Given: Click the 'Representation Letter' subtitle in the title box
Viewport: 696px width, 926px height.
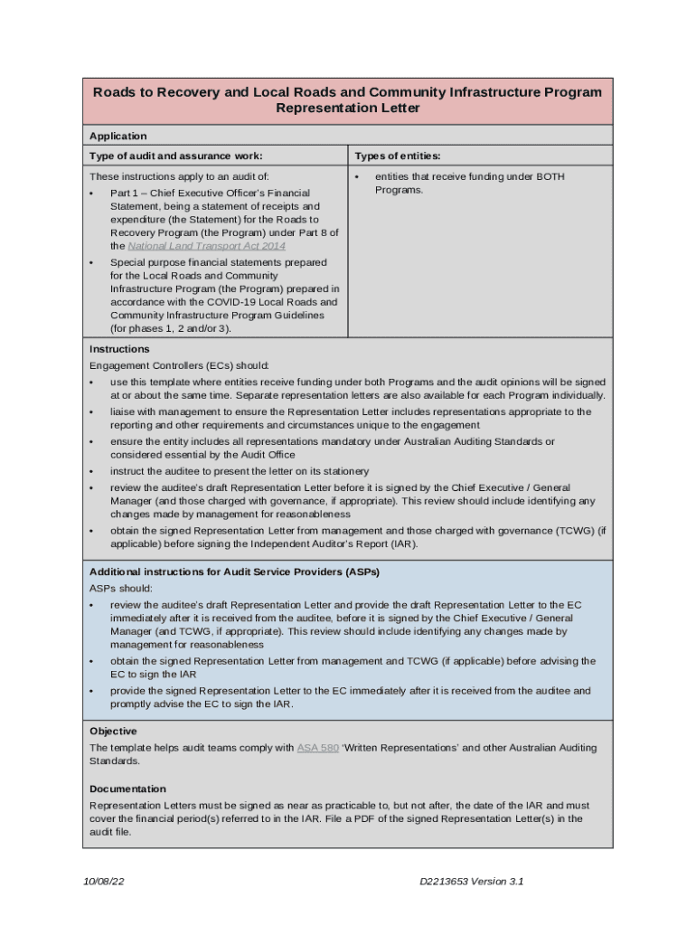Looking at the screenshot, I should tap(347, 109).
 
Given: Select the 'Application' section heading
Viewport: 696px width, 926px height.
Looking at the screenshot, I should tap(118, 137).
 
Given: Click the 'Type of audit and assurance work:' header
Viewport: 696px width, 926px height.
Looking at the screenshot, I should tap(175, 156).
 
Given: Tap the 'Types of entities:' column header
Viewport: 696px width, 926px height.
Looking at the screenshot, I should tap(397, 156).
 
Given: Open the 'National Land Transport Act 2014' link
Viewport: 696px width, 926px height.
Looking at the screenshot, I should tap(207, 246).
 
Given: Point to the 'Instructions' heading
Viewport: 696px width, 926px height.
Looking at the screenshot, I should tap(119, 349).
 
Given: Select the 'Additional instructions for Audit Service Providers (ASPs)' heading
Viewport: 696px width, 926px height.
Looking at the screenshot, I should tap(234, 572).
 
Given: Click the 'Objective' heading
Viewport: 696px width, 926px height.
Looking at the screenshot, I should tap(113, 732).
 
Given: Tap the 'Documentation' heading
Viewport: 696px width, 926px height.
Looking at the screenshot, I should tap(127, 789).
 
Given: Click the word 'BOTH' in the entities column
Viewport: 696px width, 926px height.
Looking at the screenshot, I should tap(549, 177).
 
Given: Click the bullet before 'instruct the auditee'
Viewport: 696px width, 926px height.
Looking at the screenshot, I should tap(92, 472).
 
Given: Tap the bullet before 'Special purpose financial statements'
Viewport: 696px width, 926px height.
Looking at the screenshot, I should tap(92, 263).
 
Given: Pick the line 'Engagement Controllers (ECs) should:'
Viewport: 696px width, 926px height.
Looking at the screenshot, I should tap(179, 366).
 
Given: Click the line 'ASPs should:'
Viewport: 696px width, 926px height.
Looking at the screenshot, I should tap(121, 589).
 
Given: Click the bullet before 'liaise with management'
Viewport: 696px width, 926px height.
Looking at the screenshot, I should tap(92, 412).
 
